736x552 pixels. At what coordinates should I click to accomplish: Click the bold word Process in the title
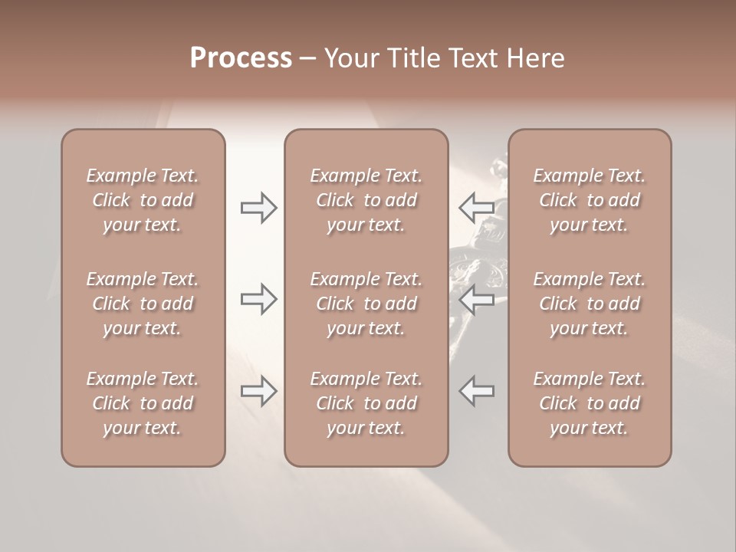(x=241, y=58)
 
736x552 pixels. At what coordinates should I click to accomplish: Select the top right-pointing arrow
(x=258, y=208)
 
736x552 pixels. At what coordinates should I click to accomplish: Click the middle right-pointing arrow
(x=258, y=299)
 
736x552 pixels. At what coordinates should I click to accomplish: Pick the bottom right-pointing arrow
(x=258, y=391)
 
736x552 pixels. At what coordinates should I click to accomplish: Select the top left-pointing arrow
(x=476, y=208)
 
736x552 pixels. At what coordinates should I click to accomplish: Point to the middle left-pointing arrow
(x=476, y=299)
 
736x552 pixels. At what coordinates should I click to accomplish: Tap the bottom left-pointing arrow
(x=476, y=391)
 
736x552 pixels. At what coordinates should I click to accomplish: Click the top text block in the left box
(x=143, y=200)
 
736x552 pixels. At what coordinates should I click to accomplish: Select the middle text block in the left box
(x=143, y=304)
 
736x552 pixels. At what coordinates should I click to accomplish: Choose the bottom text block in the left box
(x=143, y=403)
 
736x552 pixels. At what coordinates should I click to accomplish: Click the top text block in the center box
(x=366, y=200)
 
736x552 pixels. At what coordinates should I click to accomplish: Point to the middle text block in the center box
(x=366, y=304)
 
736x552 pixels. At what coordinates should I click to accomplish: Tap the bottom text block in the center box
(x=366, y=403)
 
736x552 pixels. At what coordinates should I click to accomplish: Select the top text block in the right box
(x=590, y=200)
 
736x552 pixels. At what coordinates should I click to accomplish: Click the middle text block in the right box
(x=590, y=304)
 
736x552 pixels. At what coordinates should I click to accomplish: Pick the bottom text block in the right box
(x=590, y=403)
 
